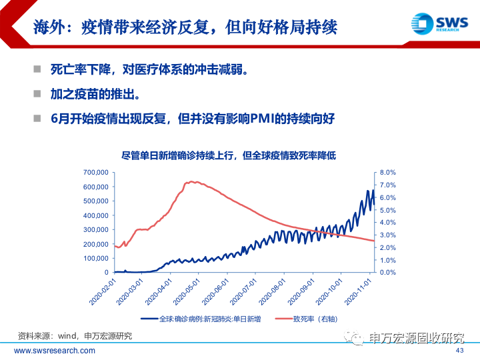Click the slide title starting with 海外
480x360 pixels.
(x=185, y=27)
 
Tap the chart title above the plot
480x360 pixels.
(x=229, y=155)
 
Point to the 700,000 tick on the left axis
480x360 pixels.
(x=95, y=173)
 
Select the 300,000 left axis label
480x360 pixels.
(x=95, y=229)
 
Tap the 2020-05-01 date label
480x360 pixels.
(x=189, y=292)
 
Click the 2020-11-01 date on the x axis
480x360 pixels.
(x=360, y=292)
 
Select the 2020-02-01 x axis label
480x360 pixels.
(x=103, y=292)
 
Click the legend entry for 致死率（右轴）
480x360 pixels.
(x=315, y=319)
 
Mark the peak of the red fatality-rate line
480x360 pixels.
(x=191, y=181)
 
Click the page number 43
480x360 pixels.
(x=459, y=351)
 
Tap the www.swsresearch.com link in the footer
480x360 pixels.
(x=55, y=351)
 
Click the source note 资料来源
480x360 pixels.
(x=75, y=335)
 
